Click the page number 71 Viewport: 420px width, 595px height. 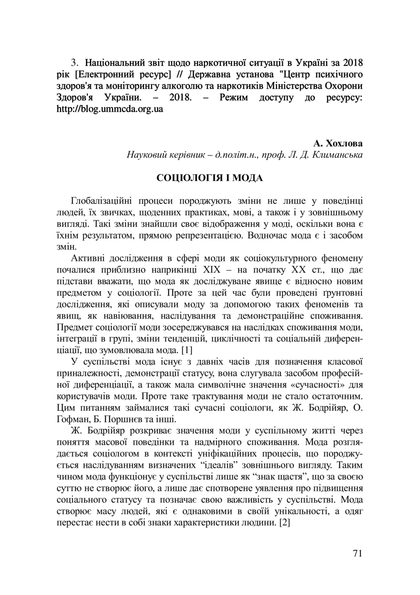[357, 553]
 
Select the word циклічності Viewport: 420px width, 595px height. [230, 338]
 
